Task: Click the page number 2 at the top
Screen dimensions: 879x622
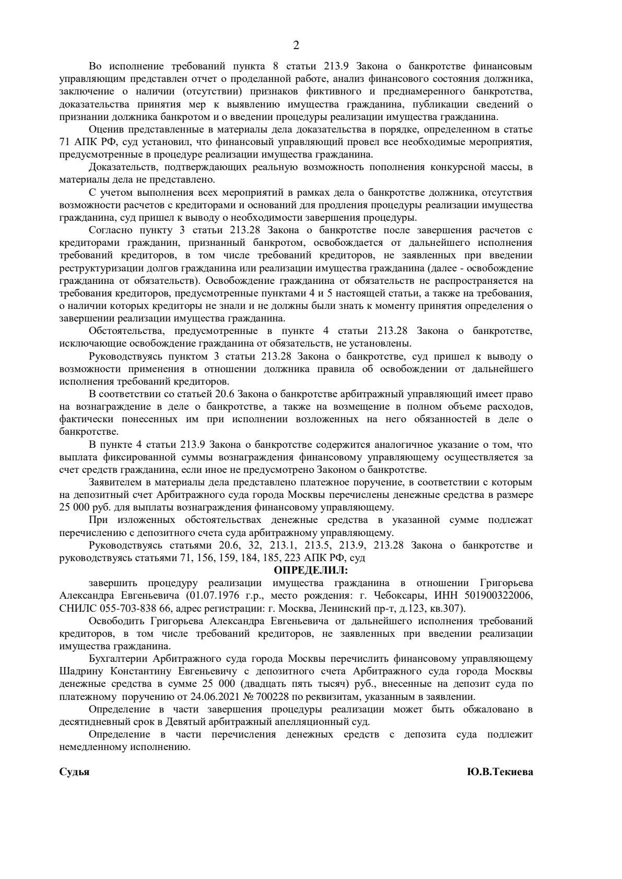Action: pos(296,45)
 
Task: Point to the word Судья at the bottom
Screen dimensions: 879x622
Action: pos(74,772)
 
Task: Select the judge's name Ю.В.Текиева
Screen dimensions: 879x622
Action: pos(500,772)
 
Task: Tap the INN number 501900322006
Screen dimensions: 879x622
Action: pos(498,596)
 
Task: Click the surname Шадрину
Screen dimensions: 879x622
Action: pos(81,671)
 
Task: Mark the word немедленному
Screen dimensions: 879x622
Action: pos(93,747)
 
